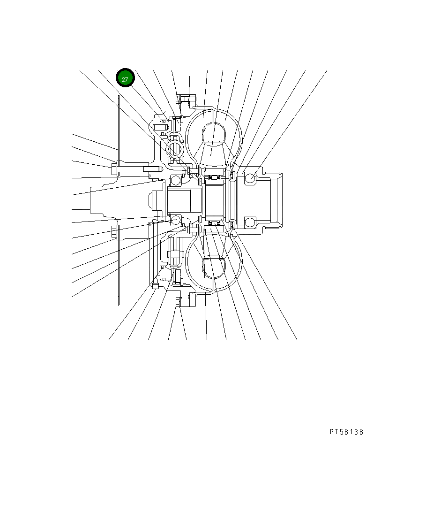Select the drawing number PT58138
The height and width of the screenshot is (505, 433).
pyautogui.click(x=346, y=432)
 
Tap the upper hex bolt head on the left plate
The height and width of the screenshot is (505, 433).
pyautogui.click(x=114, y=169)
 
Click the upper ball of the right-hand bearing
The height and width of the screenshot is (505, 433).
pyautogui.click(x=250, y=178)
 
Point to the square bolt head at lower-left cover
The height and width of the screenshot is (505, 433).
pyautogui.click(x=155, y=285)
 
